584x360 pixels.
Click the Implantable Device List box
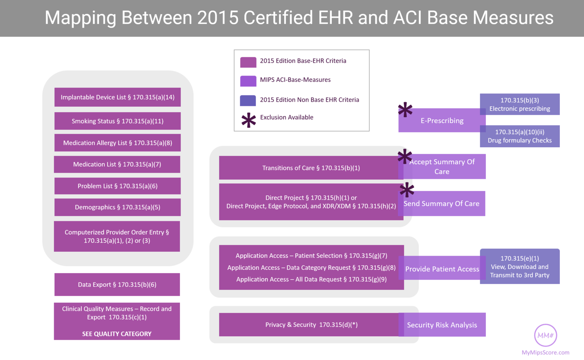[x=118, y=97]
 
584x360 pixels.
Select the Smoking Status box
[x=118, y=121]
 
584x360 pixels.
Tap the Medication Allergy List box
[x=118, y=143]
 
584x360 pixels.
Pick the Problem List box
[x=118, y=186]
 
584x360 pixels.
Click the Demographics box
[x=118, y=207]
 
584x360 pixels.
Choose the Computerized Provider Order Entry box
[x=117, y=236]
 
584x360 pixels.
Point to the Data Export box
[x=117, y=285]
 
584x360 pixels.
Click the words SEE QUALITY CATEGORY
[x=117, y=334]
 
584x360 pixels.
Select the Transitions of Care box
[x=311, y=168]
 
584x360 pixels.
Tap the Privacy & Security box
[x=311, y=325]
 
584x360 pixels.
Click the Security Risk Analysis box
[x=442, y=325]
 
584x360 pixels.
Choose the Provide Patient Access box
[x=442, y=269]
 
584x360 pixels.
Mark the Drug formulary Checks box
[x=520, y=136]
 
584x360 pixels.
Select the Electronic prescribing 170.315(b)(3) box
[x=520, y=104]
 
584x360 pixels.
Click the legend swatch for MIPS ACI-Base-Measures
[x=248, y=81]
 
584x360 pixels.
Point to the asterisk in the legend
[x=248, y=120]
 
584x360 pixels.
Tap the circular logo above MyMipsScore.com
[x=545, y=335]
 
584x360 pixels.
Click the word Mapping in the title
[x=81, y=18]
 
